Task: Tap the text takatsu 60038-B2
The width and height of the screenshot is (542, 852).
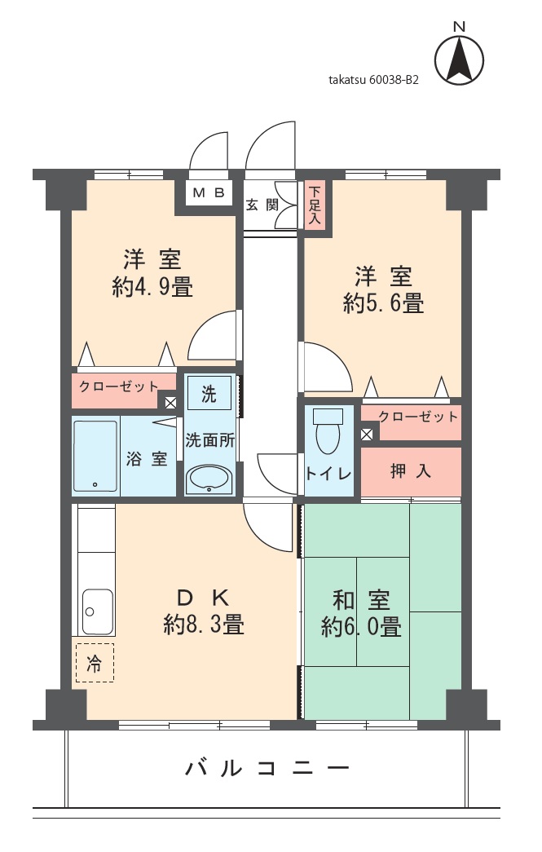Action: (x=373, y=81)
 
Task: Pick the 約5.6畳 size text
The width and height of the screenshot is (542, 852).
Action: (x=383, y=303)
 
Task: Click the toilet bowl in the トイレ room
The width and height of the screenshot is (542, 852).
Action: (x=328, y=432)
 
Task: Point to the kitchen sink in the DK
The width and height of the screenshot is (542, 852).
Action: (x=97, y=611)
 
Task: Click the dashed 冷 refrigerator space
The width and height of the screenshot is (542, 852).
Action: (x=95, y=663)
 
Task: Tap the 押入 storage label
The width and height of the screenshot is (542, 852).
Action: (x=411, y=471)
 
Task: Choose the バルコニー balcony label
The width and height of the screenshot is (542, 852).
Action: (x=267, y=768)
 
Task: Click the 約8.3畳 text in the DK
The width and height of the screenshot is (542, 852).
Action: (x=204, y=625)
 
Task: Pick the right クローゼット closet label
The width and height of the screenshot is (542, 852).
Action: (x=417, y=417)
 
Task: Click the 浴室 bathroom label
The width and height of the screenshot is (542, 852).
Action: (x=148, y=459)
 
